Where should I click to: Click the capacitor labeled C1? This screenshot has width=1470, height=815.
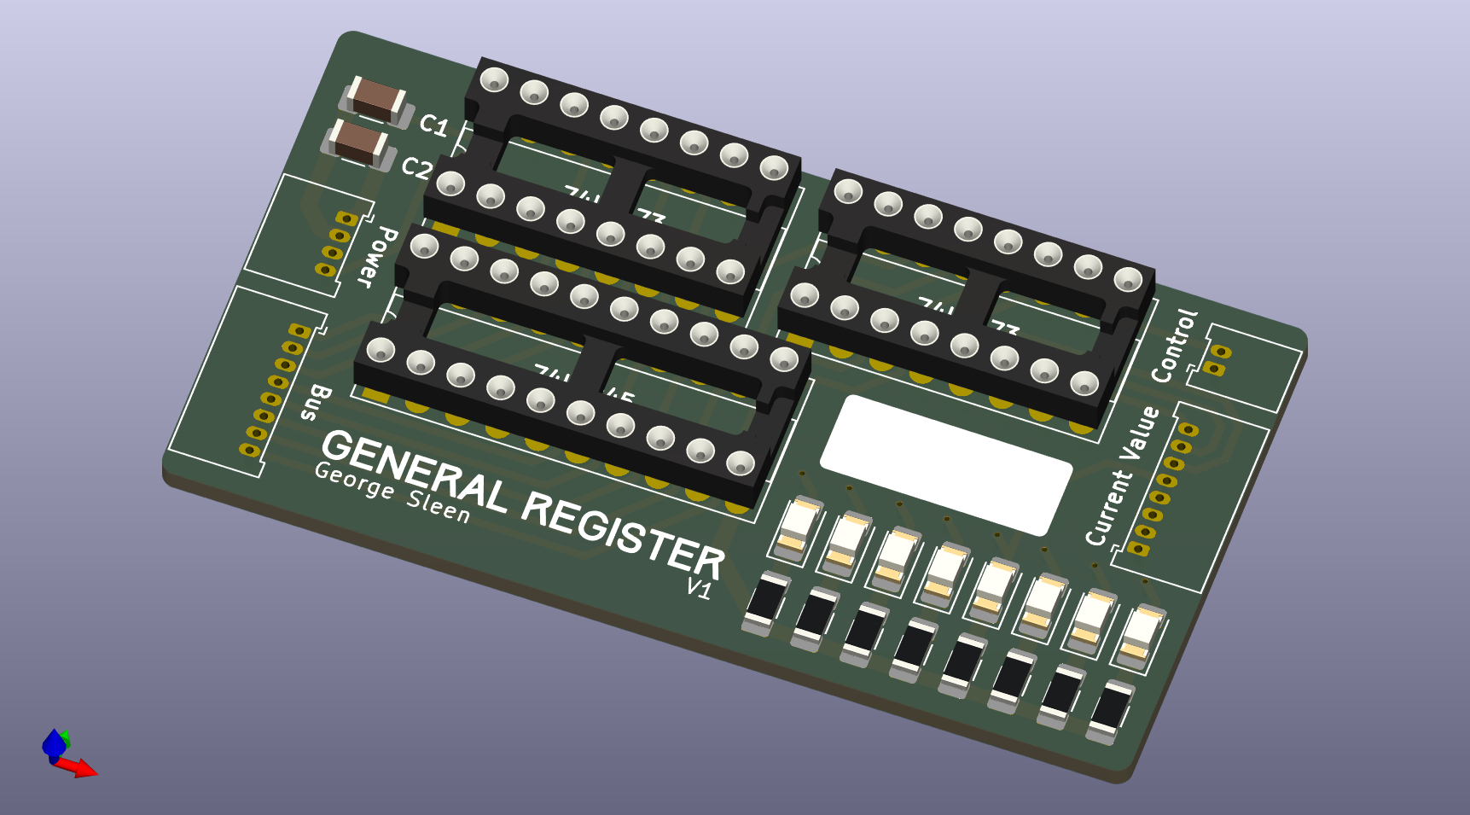pos(376,100)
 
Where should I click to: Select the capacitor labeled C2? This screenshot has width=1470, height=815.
pos(359,143)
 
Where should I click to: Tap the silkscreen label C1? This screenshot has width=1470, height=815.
pos(434,125)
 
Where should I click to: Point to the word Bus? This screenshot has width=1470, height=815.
pos(316,402)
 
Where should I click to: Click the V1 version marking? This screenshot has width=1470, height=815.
pos(699,588)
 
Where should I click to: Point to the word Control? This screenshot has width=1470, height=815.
pos(1175,346)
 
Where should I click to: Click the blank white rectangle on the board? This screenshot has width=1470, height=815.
pos(945,465)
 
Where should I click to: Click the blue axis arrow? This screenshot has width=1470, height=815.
pos(53,744)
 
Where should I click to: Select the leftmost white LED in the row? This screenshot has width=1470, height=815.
pos(797,527)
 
